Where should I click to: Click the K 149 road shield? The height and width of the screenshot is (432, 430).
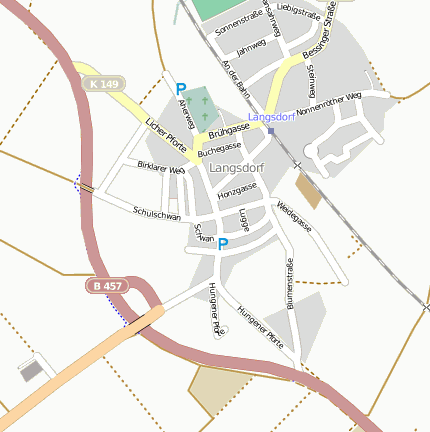pos(101,84)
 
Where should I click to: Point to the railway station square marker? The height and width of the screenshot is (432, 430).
pos(270,130)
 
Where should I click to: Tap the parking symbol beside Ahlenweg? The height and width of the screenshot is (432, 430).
pos(181,89)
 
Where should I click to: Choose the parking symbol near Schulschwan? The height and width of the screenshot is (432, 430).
pos(223,243)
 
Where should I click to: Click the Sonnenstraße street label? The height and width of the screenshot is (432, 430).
pos(237,24)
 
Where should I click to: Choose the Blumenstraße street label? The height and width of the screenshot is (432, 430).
pos(290,283)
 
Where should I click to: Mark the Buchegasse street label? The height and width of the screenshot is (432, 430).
pos(220,149)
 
